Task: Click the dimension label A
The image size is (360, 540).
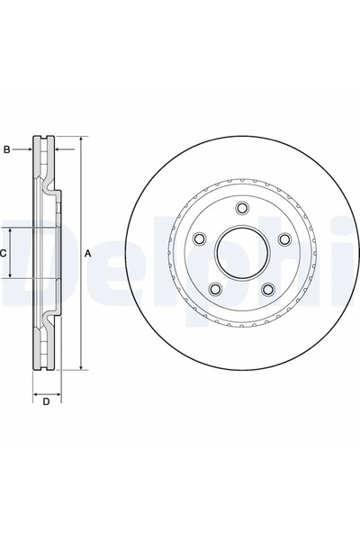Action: pos(88,254)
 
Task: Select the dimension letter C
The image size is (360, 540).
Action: pos(4,254)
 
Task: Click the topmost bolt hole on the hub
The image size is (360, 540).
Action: pos(242,209)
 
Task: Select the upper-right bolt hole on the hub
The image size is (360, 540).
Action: pos(284,239)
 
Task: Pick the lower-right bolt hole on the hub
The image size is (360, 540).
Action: pos(268,289)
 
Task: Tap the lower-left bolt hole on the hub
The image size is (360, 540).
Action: pos(216,289)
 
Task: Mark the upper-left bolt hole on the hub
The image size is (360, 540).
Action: pos(200,239)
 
